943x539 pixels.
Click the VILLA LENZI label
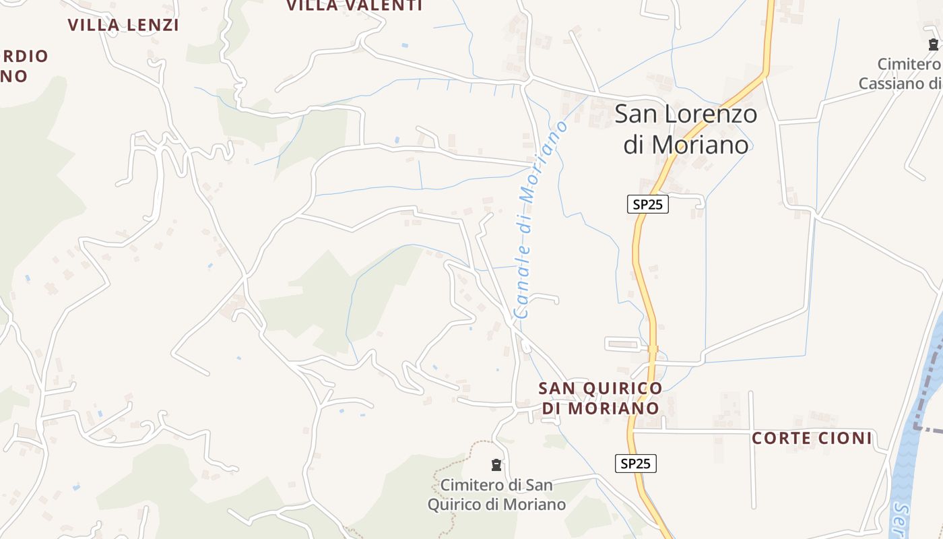(x=123, y=25)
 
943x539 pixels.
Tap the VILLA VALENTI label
(x=354, y=5)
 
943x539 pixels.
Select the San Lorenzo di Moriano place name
(x=686, y=129)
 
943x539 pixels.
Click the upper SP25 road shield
(x=648, y=204)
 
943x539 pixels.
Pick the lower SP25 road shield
(x=636, y=464)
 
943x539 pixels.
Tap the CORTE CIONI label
(x=812, y=439)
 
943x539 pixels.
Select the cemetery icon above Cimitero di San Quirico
(x=496, y=464)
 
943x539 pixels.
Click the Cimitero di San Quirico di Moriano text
(x=496, y=495)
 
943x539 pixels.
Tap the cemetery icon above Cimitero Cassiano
(x=933, y=44)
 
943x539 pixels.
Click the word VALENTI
(x=383, y=5)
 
